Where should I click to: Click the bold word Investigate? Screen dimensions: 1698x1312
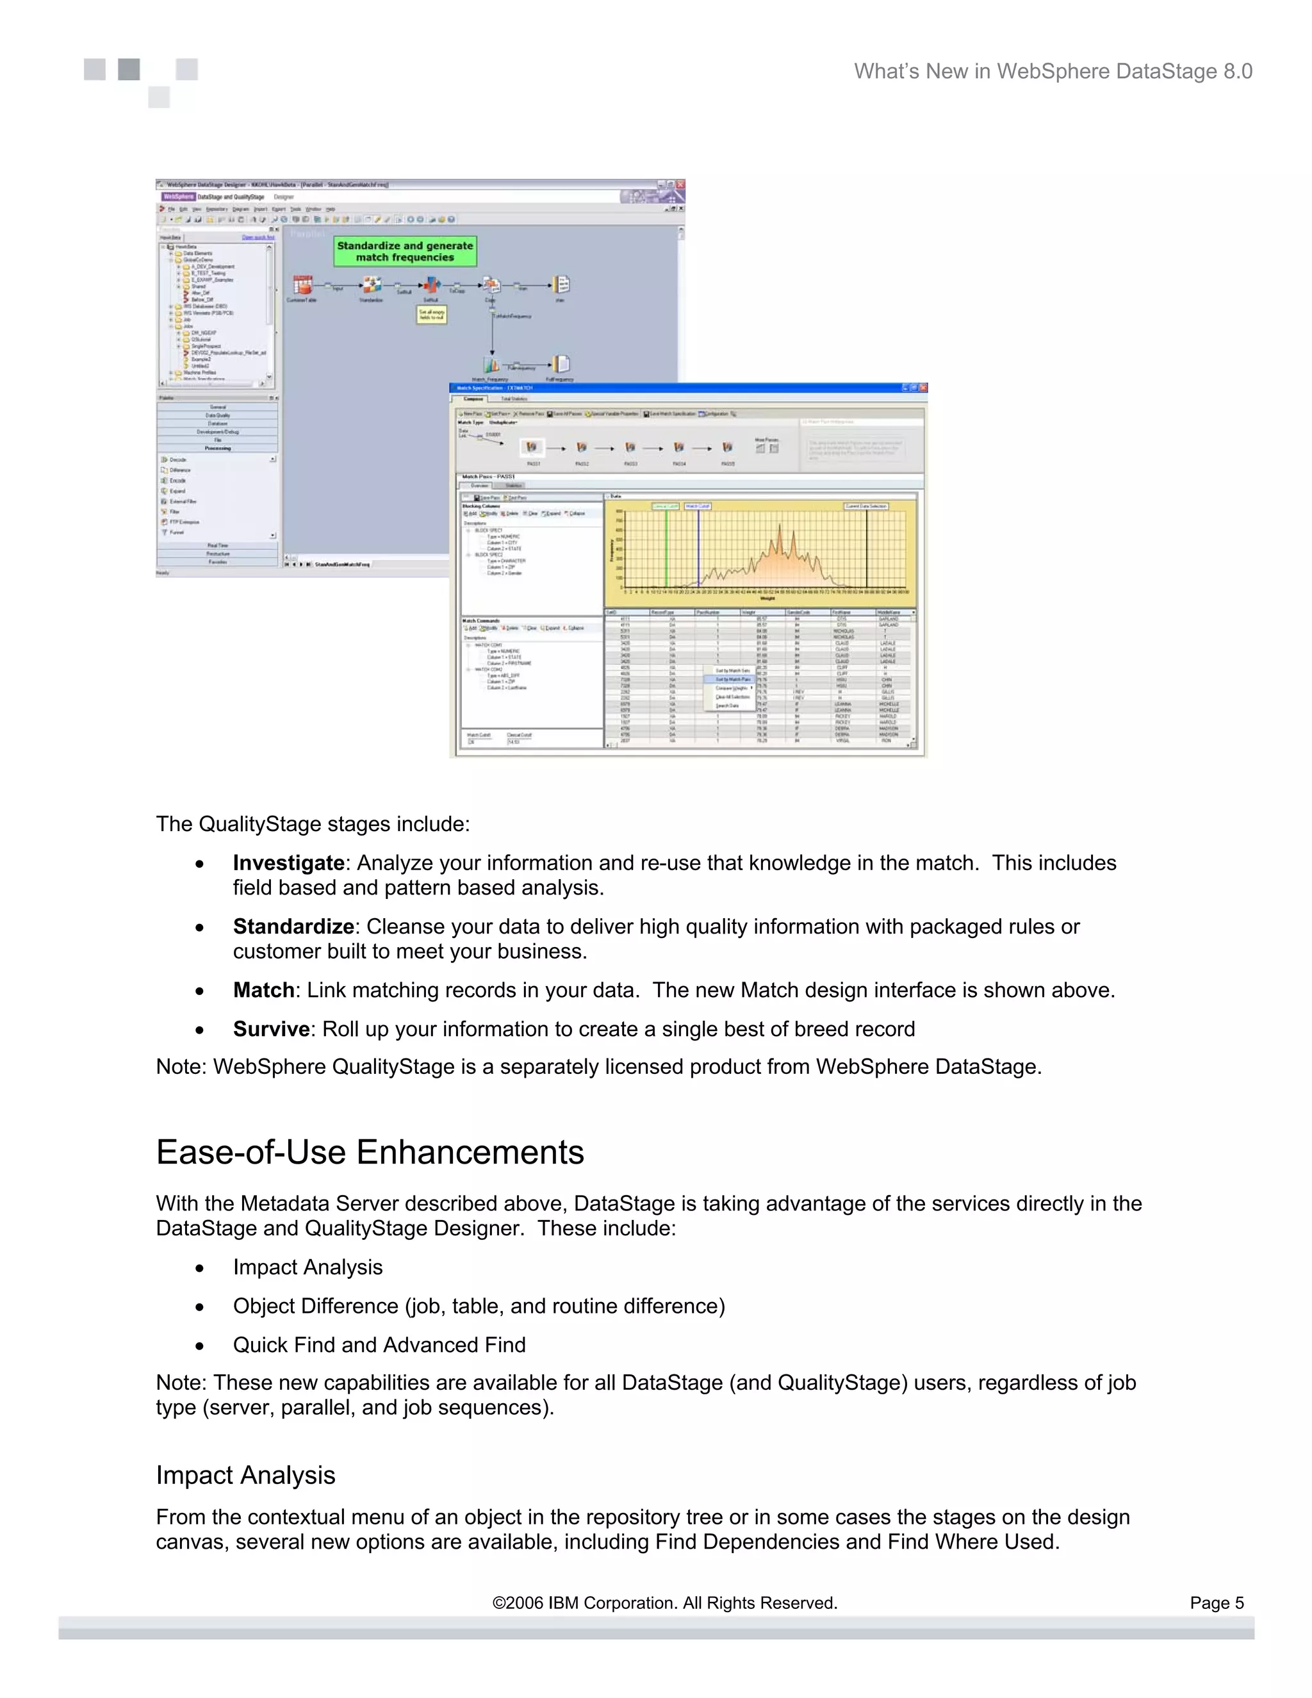tap(288, 863)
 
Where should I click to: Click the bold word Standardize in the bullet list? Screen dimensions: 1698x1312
tap(293, 927)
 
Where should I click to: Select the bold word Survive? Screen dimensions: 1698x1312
tap(270, 1030)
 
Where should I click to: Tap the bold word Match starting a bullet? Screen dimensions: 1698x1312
tap(263, 991)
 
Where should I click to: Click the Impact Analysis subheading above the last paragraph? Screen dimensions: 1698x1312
tap(245, 1476)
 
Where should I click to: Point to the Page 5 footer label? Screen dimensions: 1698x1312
tap(1217, 1603)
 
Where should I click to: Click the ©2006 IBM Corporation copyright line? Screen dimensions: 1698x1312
tap(664, 1603)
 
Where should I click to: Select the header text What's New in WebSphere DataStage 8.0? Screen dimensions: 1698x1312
tap(1053, 72)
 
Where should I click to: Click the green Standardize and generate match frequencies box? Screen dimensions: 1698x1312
tap(405, 251)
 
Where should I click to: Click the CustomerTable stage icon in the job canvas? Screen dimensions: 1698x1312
tap(302, 284)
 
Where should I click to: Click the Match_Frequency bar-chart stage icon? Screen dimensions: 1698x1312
tap(491, 365)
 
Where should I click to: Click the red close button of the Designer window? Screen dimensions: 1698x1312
tap(680, 185)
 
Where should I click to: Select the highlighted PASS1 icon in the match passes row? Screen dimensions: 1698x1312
tap(532, 448)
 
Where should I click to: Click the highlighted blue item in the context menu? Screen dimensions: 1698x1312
tap(732, 679)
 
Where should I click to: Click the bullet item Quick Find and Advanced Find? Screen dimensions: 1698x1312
tap(379, 1345)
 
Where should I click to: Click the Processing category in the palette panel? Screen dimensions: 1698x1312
tap(218, 449)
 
